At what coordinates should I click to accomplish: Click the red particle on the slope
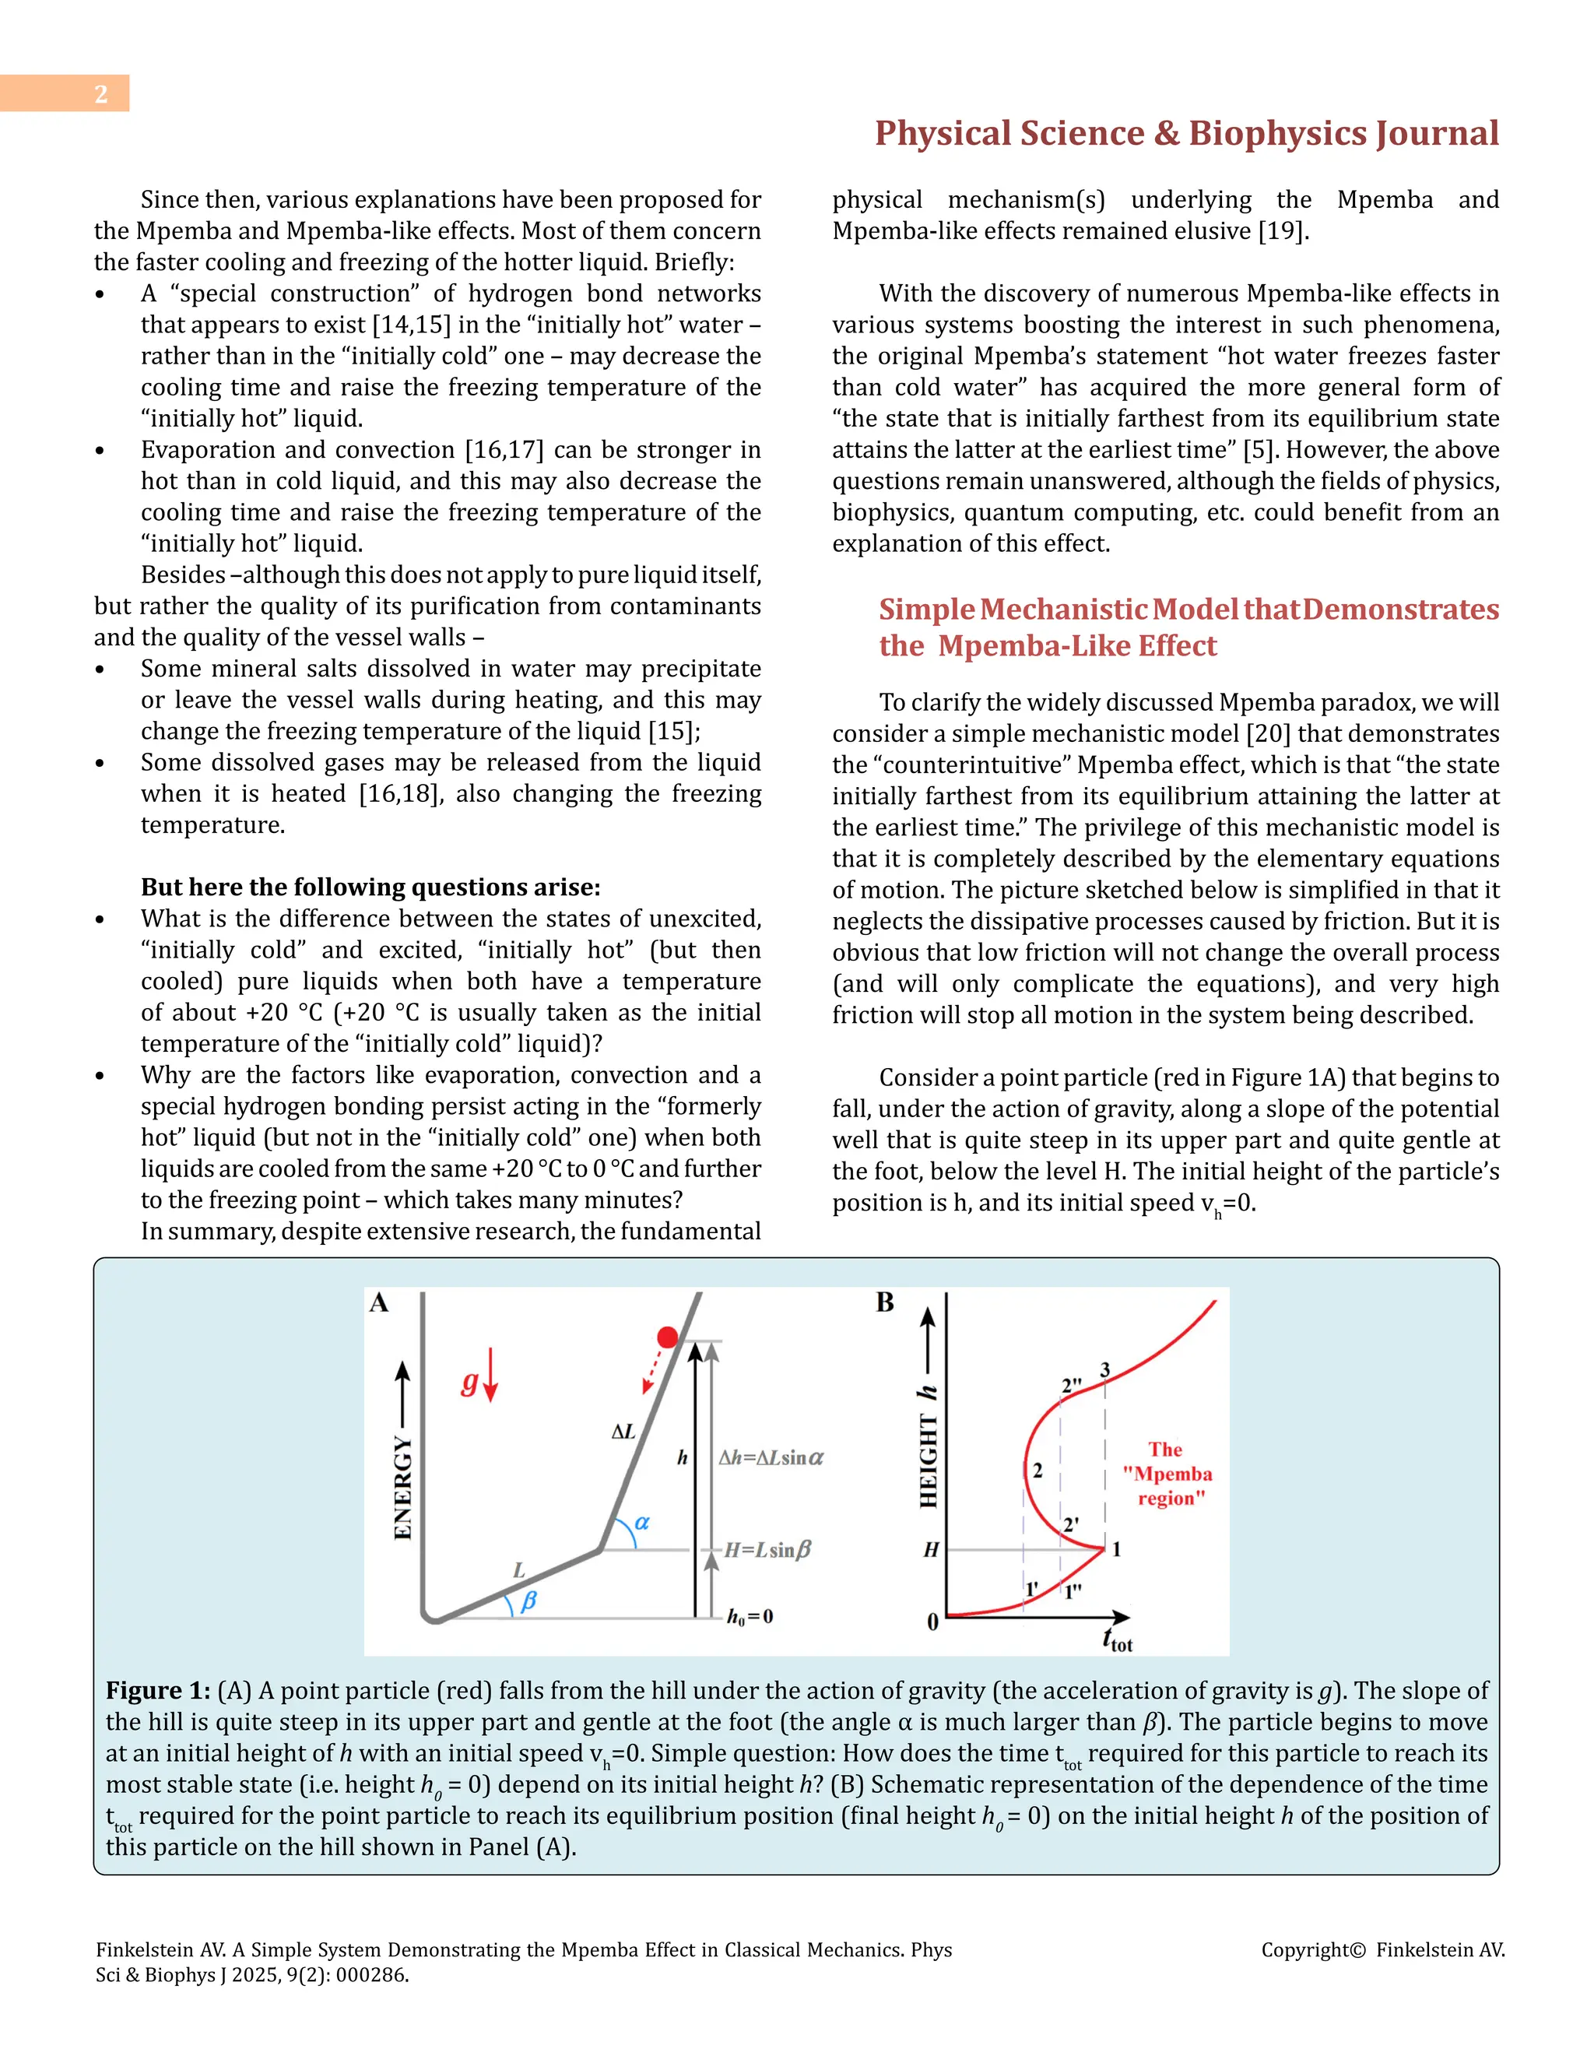668,1337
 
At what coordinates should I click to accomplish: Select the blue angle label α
642,1522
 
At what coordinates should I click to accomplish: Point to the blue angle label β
528,1600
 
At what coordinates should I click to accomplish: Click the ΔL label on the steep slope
623,1432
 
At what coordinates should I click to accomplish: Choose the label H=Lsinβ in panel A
767,1550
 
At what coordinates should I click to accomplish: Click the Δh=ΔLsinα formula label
771,1457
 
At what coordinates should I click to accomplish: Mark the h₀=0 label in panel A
750,1616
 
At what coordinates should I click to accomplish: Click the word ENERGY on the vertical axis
402,1488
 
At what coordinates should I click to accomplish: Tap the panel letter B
885,1302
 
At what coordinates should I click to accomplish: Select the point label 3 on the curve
1105,1369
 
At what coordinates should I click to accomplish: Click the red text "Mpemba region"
1167,1474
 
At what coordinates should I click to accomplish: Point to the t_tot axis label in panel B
1117,1640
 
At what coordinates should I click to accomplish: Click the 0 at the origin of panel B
933,1622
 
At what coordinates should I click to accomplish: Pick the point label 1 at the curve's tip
1116,1549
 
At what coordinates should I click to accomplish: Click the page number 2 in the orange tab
101,93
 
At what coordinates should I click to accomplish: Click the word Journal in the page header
1436,133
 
